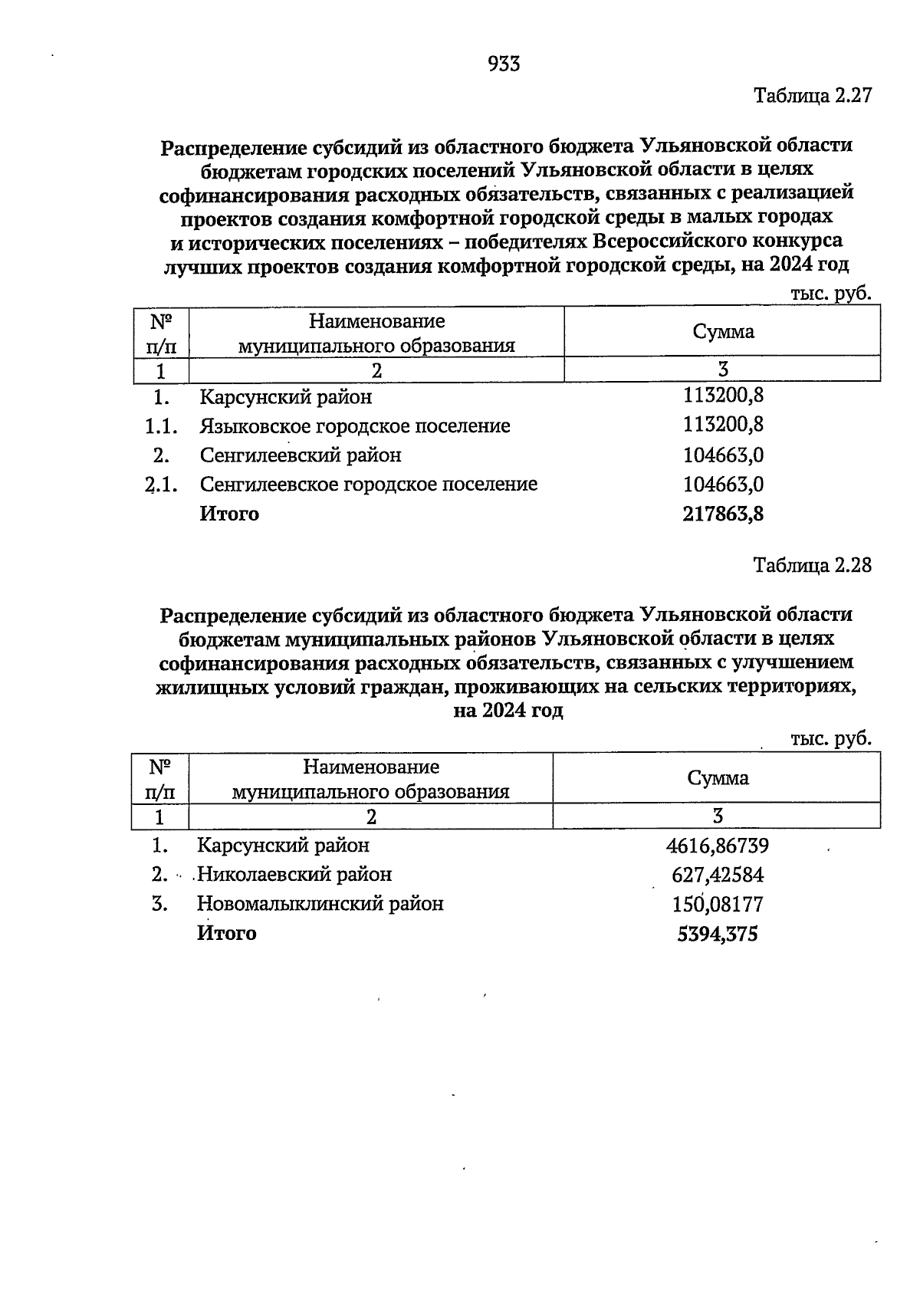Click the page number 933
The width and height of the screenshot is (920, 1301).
coord(504,64)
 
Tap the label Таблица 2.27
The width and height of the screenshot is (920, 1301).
coord(813,97)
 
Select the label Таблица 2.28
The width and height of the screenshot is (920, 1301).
coord(813,566)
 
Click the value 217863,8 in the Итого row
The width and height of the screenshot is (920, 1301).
coord(723,514)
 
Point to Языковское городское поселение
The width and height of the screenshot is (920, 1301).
coord(355,426)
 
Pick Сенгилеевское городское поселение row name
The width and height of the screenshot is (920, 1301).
coord(369,485)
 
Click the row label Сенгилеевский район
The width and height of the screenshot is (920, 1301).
coord(301,455)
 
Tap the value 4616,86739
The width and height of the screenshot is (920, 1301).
coord(718,846)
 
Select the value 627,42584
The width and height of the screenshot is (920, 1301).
coord(718,875)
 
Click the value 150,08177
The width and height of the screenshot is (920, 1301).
coord(718,905)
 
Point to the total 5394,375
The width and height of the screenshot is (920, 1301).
coord(718,934)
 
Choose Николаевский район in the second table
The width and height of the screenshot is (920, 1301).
coord(294,875)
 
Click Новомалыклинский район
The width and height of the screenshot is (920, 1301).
coord(320,904)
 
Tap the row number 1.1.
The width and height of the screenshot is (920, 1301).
coord(162,426)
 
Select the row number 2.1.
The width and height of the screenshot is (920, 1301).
coord(162,485)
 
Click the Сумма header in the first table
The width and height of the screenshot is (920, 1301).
coord(723,332)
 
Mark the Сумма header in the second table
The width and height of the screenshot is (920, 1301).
coord(718,778)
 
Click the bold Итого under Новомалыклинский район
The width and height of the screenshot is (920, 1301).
coord(227,934)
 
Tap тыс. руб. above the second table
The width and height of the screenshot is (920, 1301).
coord(831,738)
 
